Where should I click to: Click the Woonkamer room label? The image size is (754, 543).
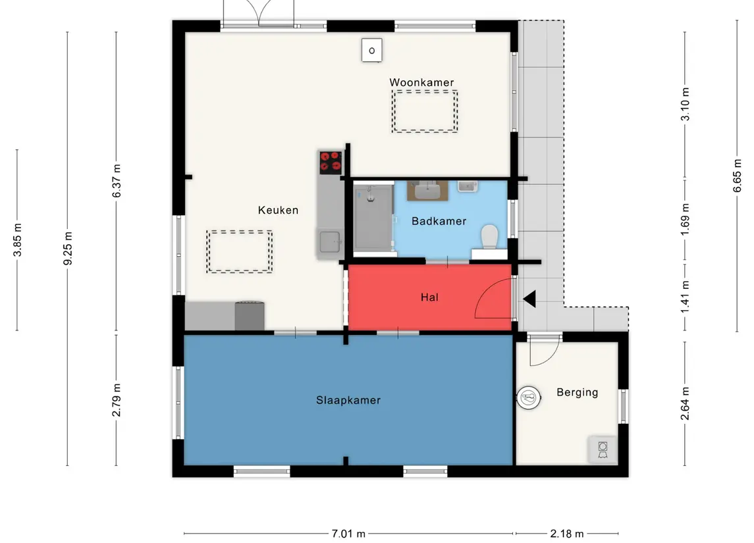pos(421,83)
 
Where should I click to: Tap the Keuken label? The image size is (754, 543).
pos(278,210)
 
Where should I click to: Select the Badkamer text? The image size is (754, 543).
pos(439,221)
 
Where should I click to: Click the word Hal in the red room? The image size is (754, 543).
pos(429,297)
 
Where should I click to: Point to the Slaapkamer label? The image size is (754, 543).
pos(348,400)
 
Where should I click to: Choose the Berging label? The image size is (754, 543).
pos(577,392)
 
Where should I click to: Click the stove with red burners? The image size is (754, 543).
pos(331,163)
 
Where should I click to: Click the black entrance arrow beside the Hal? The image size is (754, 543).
pos(529,299)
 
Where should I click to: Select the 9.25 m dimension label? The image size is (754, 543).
pos(68,248)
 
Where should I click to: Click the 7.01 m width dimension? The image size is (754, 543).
pos(348,534)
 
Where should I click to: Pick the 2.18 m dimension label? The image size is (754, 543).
pos(567,534)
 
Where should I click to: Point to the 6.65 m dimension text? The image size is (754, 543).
pos(737,175)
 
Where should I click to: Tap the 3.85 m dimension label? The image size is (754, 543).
pos(17,240)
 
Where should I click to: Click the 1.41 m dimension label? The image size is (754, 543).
pos(686,296)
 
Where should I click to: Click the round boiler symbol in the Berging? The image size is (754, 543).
pos(529,398)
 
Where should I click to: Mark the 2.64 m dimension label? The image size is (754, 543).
pos(686,403)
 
